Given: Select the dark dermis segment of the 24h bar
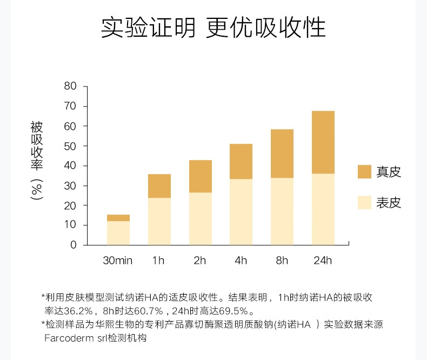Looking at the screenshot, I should pos(323,142).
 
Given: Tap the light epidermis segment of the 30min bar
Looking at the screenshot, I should pos(118,232).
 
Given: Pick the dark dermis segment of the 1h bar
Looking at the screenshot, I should pos(159,186).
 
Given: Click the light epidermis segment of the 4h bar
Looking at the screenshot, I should pos(241,211).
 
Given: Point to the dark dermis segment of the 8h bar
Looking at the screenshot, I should pos(282,154).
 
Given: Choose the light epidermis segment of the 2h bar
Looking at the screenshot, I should pos(200,218).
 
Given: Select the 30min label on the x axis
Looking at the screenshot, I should pos(118,261).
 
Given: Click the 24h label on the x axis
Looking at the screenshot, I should pos(323,261).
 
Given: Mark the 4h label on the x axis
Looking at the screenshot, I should pos(241,261).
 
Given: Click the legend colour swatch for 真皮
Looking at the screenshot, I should pos(364,172).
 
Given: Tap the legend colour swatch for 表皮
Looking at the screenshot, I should pos(364,203).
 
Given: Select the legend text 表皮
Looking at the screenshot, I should pos(389,203).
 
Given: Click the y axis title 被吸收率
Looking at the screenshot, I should pos(37,146).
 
